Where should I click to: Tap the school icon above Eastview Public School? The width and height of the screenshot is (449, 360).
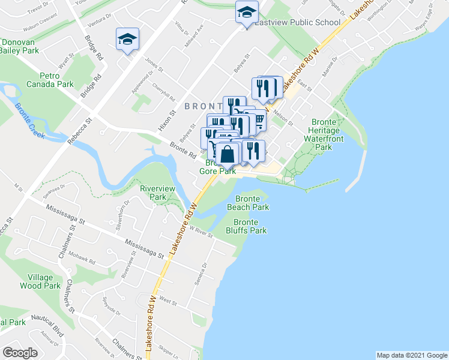(247, 12)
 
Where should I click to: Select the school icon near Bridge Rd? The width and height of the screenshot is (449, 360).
(127, 40)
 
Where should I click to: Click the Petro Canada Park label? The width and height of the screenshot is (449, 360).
(57, 80)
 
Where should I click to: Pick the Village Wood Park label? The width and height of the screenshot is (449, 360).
(44, 281)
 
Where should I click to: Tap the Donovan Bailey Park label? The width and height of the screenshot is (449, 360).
(19, 46)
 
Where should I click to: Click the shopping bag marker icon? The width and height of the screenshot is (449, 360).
(228, 155)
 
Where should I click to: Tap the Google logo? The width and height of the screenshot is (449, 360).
(20, 353)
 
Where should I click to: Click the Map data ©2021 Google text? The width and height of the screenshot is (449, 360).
(411, 355)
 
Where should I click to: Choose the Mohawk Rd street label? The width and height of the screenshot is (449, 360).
(85, 259)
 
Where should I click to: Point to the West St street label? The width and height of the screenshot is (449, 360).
(168, 300)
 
